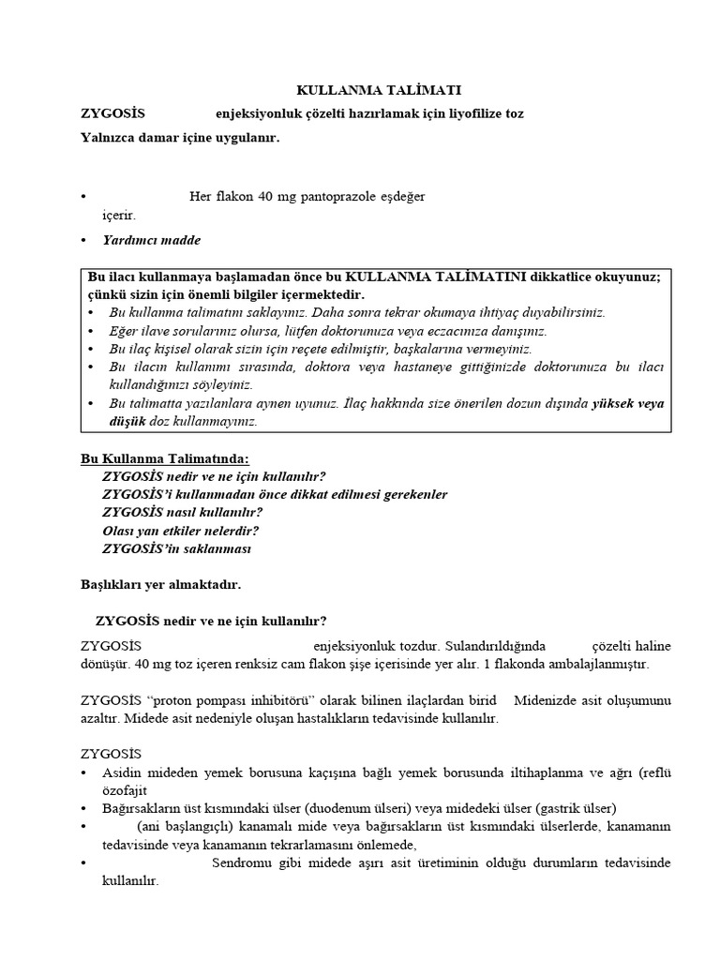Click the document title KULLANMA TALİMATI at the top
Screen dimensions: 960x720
(379, 90)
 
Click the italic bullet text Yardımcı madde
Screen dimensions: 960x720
(151, 240)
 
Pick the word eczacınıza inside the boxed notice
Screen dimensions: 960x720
(449, 330)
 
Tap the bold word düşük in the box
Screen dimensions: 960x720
(128, 421)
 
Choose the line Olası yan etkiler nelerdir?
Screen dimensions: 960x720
(180, 530)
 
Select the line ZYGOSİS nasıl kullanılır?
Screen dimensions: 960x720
(182, 512)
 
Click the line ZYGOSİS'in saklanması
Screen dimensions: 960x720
(176, 548)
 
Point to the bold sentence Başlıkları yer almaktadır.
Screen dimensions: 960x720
(160, 584)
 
